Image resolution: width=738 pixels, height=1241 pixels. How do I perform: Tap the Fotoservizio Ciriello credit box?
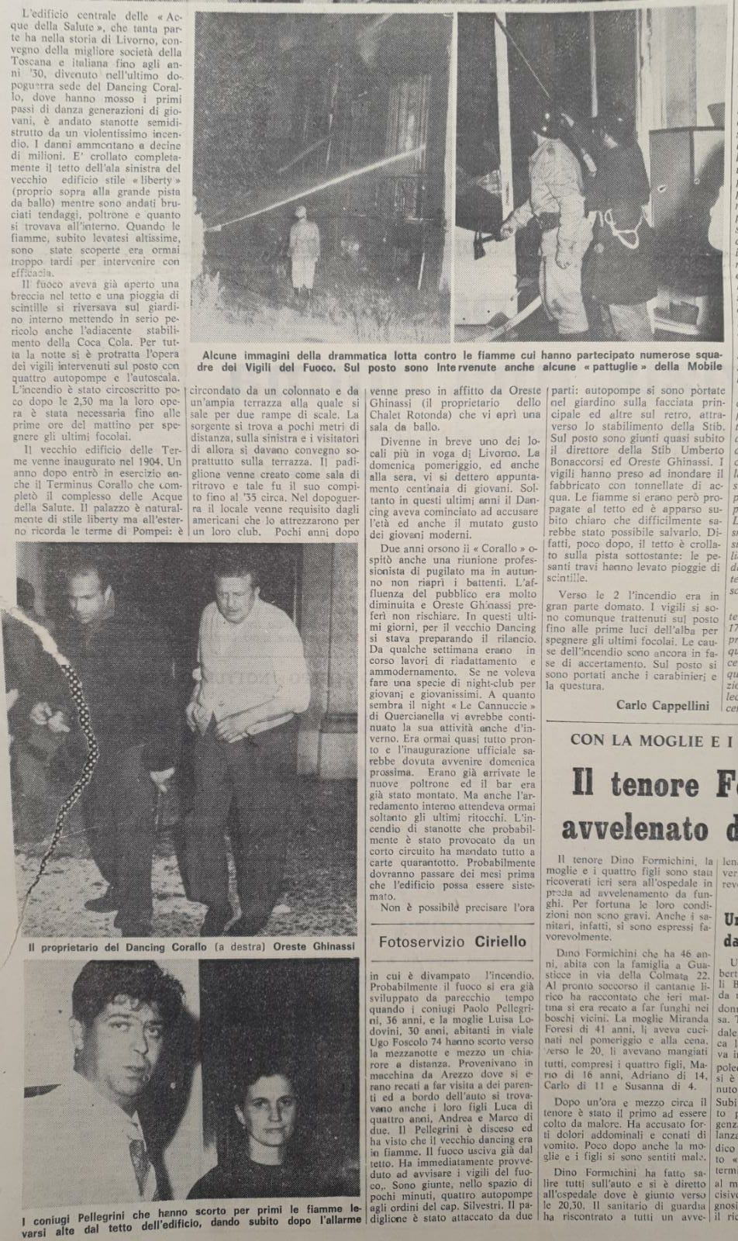pyautogui.click(x=452, y=942)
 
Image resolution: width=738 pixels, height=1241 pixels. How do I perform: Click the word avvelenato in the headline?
pyautogui.click(x=634, y=828)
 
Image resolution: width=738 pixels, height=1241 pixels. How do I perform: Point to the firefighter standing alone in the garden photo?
pyautogui.click(x=303, y=247)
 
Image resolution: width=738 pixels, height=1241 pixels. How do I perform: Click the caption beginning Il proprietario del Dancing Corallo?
pyautogui.click(x=191, y=947)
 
